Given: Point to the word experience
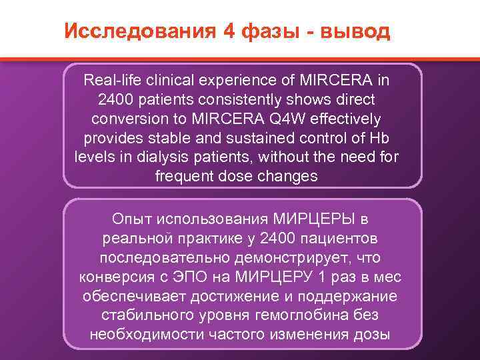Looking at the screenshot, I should [237, 81].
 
